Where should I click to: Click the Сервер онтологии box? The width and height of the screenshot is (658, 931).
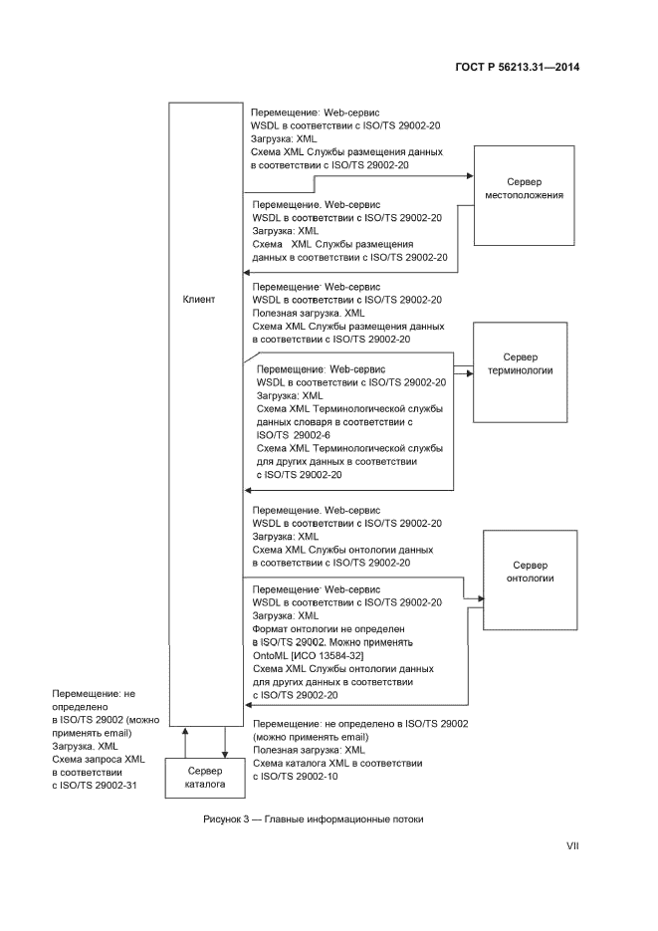coord(530,579)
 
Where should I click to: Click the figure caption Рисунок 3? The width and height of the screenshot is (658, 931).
coord(314,819)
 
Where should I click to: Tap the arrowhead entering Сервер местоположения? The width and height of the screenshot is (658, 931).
coord(467,176)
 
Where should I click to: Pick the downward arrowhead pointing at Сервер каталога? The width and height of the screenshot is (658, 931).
coord(226,753)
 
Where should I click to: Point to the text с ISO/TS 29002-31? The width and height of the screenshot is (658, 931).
coord(93,785)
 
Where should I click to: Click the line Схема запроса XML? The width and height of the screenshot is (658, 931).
coord(99,759)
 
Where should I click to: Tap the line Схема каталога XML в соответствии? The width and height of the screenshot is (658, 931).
coord(337,763)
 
